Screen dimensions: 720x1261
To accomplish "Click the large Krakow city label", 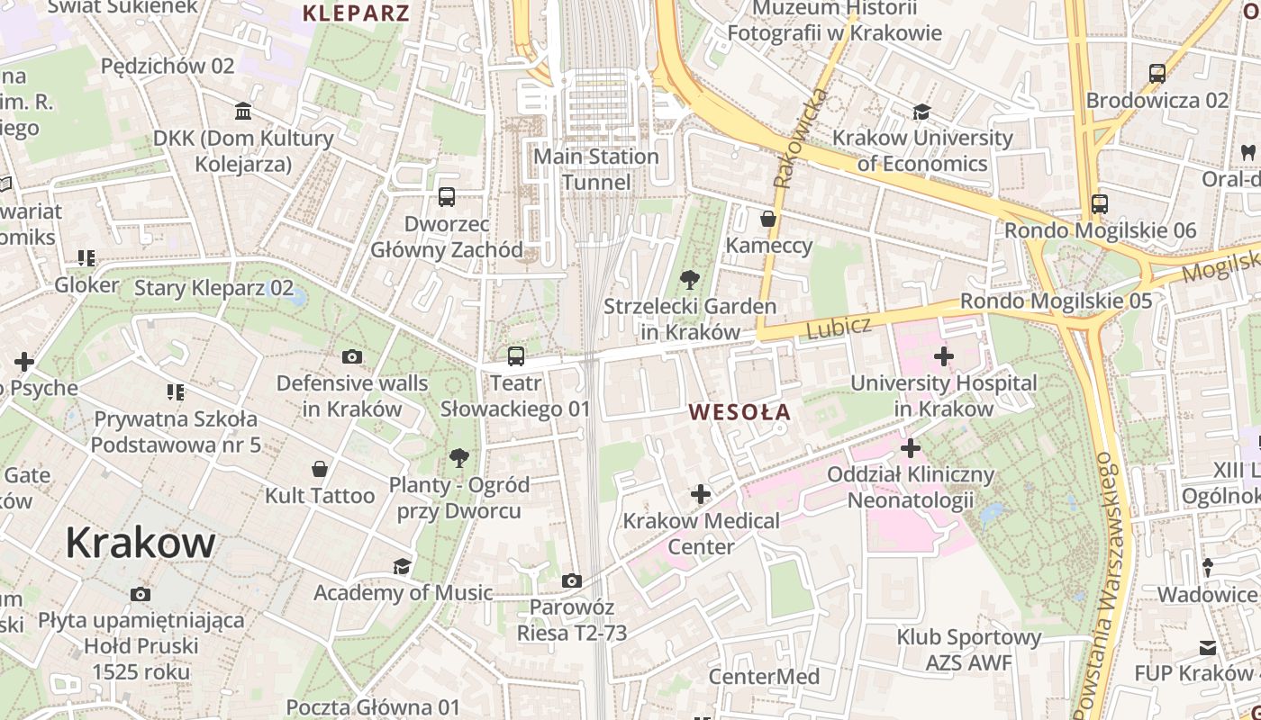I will (x=141, y=544).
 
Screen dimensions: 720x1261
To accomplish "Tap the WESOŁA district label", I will (x=739, y=413).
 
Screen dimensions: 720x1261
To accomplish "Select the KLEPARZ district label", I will (x=356, y=13).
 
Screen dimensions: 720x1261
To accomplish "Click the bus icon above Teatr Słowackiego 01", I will (x=515, y=356).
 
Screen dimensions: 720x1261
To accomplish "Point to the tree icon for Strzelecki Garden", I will (x=690, y=279).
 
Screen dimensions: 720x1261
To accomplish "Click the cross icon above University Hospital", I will (x=943, y=356).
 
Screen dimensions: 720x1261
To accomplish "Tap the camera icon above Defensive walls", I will (x=352, y=356).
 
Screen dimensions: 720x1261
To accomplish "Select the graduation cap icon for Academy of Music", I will (x=402, y=566).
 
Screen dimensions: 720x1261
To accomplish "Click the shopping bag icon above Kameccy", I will (x=768, y=219).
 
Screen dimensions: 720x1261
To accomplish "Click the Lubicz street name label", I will (x=839, y=328).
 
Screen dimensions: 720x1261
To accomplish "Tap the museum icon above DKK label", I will (x=243, y=112).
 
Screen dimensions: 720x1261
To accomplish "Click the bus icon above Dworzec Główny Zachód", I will (x=446, y=197).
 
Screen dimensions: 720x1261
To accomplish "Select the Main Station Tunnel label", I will (x=596, y=169).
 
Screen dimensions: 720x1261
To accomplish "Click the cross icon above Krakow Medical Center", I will (x=701, y=493).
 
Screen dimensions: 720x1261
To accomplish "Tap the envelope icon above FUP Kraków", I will (x=1207, y=647).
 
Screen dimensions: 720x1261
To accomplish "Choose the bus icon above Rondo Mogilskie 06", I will (x=1099, y=203).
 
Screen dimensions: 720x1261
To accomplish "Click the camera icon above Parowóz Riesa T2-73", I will (x=571, y=580).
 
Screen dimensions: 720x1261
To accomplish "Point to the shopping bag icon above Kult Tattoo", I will (x=319, y=469).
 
